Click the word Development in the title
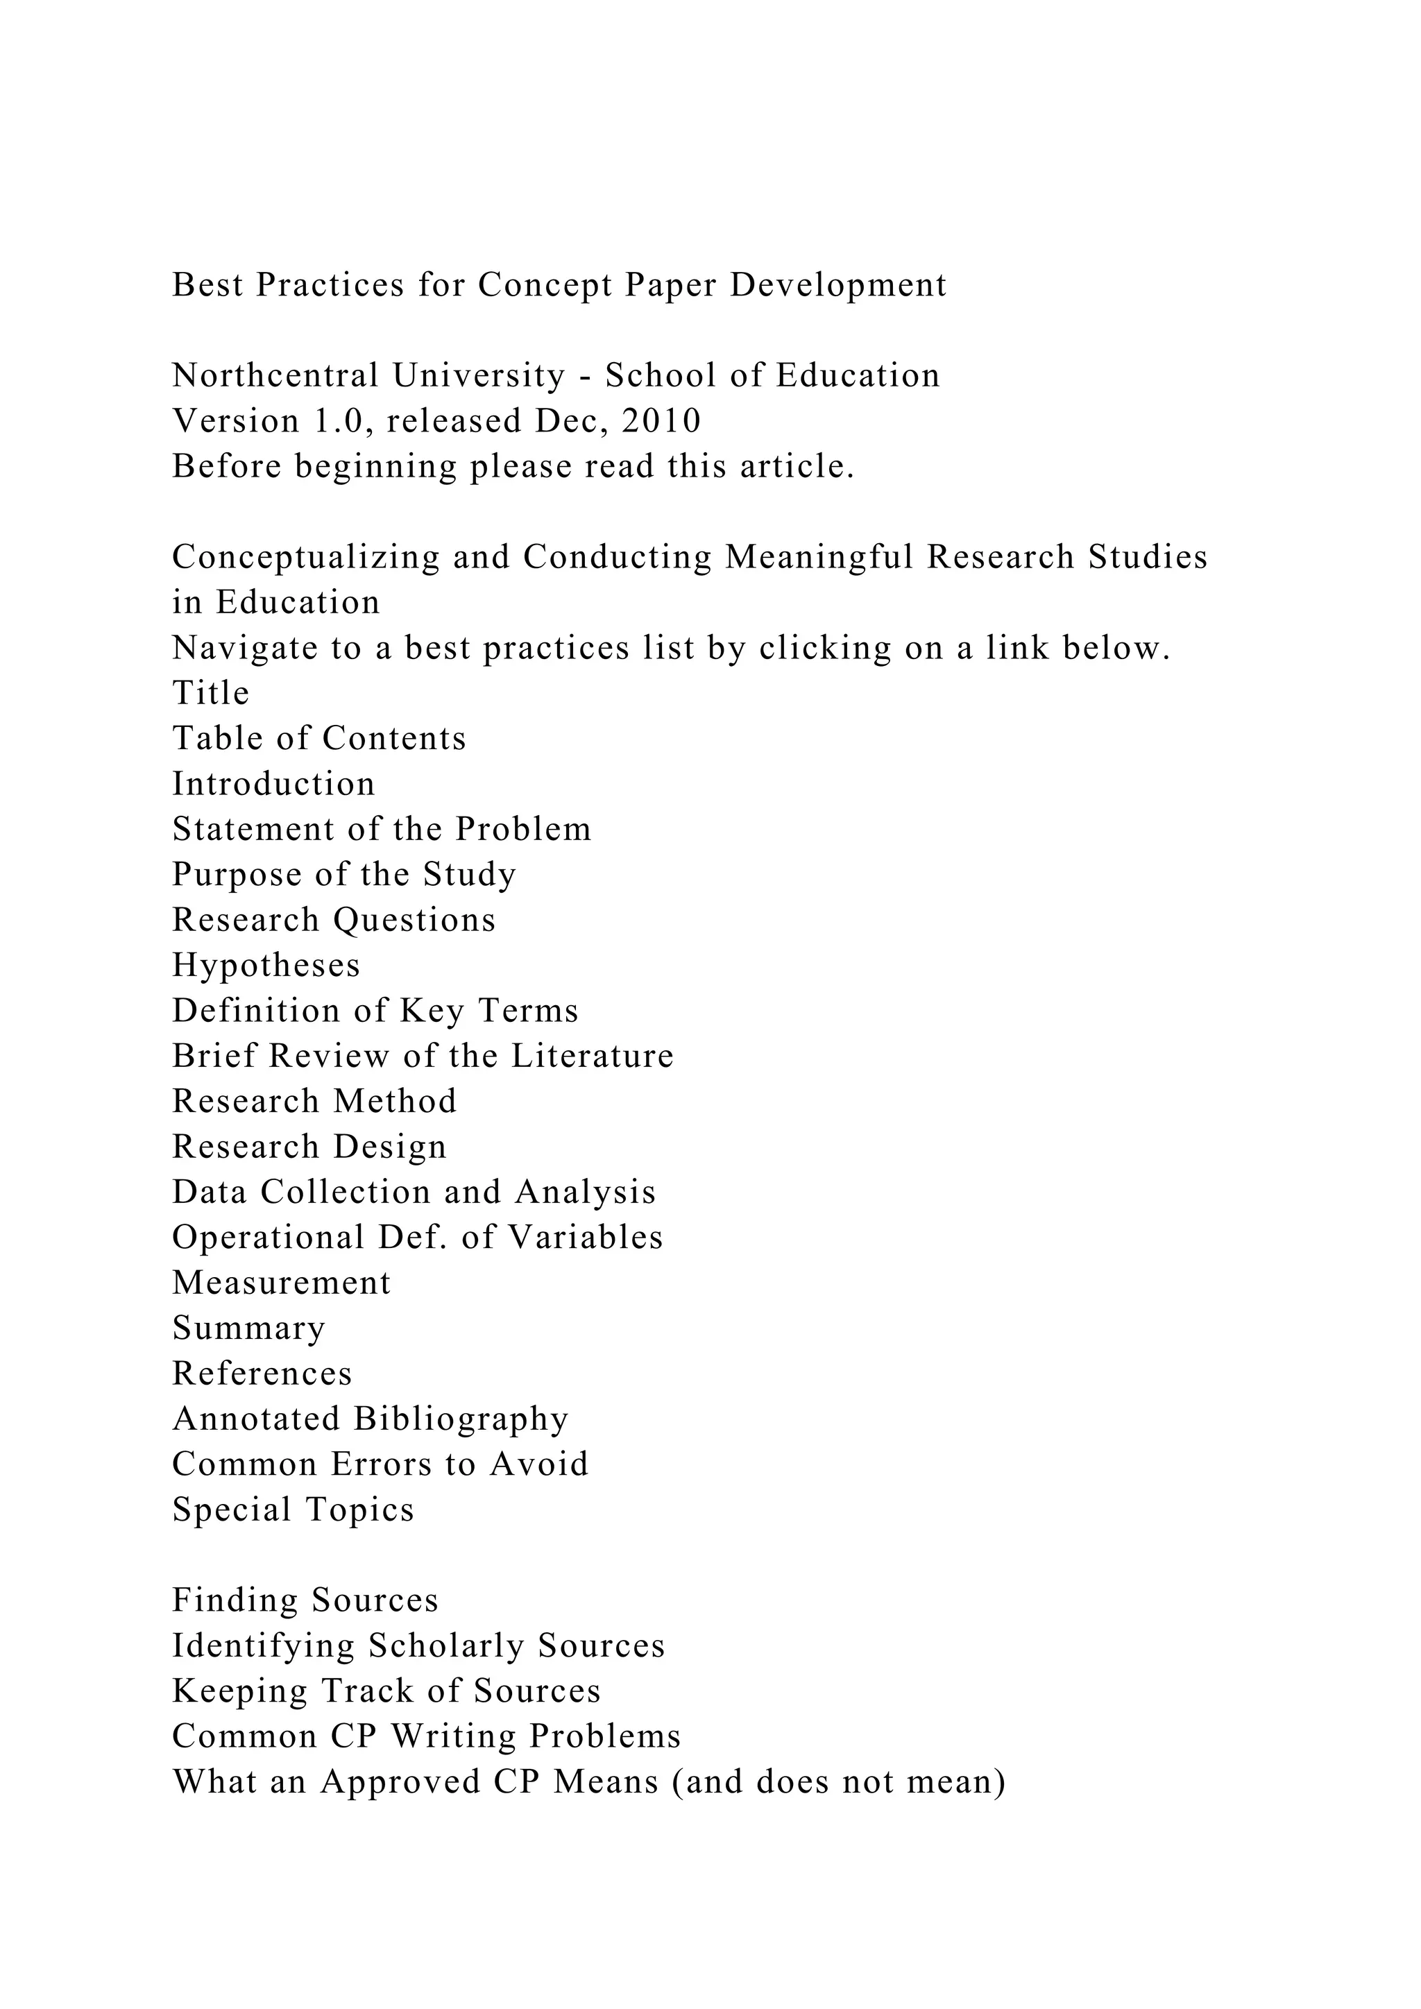837,285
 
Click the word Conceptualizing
305,557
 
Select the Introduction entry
273,784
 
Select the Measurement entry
281,1283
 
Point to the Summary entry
248,1329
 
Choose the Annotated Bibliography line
370,1419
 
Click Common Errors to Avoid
380,1464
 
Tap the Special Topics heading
292,1510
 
